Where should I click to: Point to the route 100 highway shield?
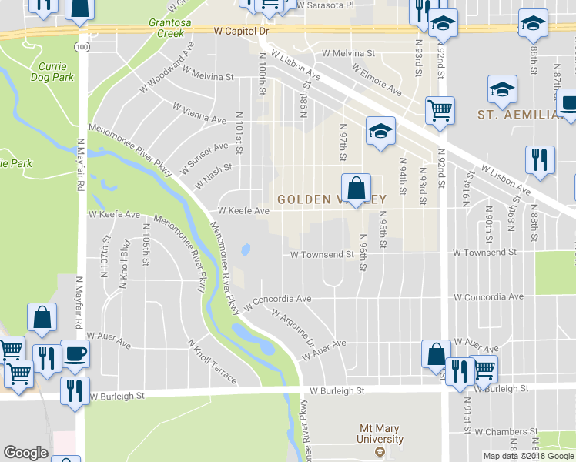pyautogui.click(x=82, y=47)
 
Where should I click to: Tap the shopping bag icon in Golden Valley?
pyautogui.click(x=357, y=189)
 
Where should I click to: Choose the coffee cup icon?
pyautogui.click(x=75, y=354)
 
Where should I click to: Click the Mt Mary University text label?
pyautogui.click(x=381, y=434)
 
